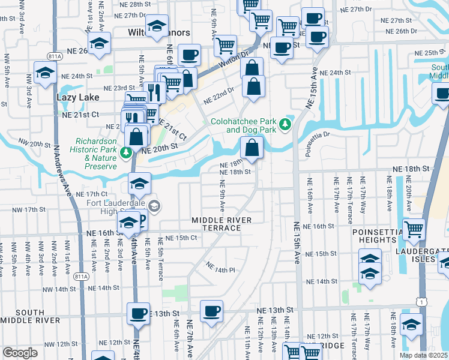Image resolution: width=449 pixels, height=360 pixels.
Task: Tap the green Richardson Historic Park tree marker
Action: [126, 153]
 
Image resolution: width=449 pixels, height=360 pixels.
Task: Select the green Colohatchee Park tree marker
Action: [286, 124]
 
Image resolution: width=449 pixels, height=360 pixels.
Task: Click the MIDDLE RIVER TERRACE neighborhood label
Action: [221, 225]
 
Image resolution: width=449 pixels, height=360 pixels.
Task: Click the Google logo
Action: [20, 353]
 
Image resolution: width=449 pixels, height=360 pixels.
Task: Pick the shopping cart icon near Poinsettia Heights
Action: [414, 229]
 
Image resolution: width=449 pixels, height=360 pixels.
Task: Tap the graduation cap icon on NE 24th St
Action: [45, 73]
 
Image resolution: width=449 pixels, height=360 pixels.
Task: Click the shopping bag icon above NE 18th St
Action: [252, 146]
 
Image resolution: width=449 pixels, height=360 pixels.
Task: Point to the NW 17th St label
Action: [31, 210]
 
